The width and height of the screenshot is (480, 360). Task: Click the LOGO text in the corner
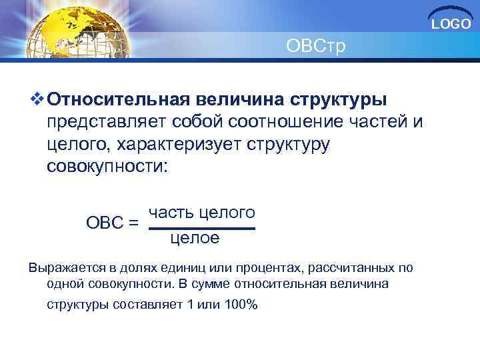tap(451, 25)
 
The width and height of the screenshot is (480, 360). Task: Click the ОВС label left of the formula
tap(103, 222)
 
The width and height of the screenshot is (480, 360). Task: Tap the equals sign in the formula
tap(133, 222)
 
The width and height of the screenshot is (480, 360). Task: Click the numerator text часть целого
tap(202, 213)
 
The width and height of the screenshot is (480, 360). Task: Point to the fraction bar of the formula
tap(202, 229)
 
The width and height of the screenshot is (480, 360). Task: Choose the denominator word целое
tap(195, 238)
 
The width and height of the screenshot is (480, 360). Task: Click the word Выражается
tap(61, 268)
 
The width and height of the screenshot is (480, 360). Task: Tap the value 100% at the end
tap(242, 305)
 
